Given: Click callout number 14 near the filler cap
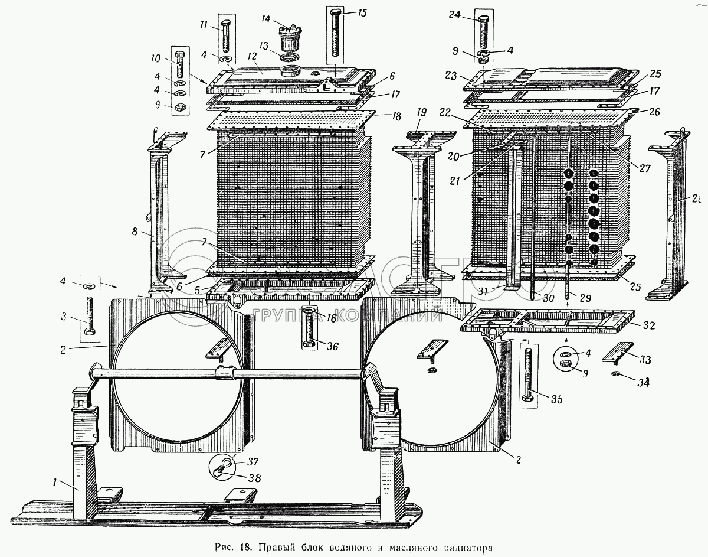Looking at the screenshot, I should tap(267, 19).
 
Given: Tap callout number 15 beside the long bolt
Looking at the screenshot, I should tap(362, 12).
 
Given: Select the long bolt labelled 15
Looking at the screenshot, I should tap(336, 35).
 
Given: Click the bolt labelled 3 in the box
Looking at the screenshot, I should tap(90, 314).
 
